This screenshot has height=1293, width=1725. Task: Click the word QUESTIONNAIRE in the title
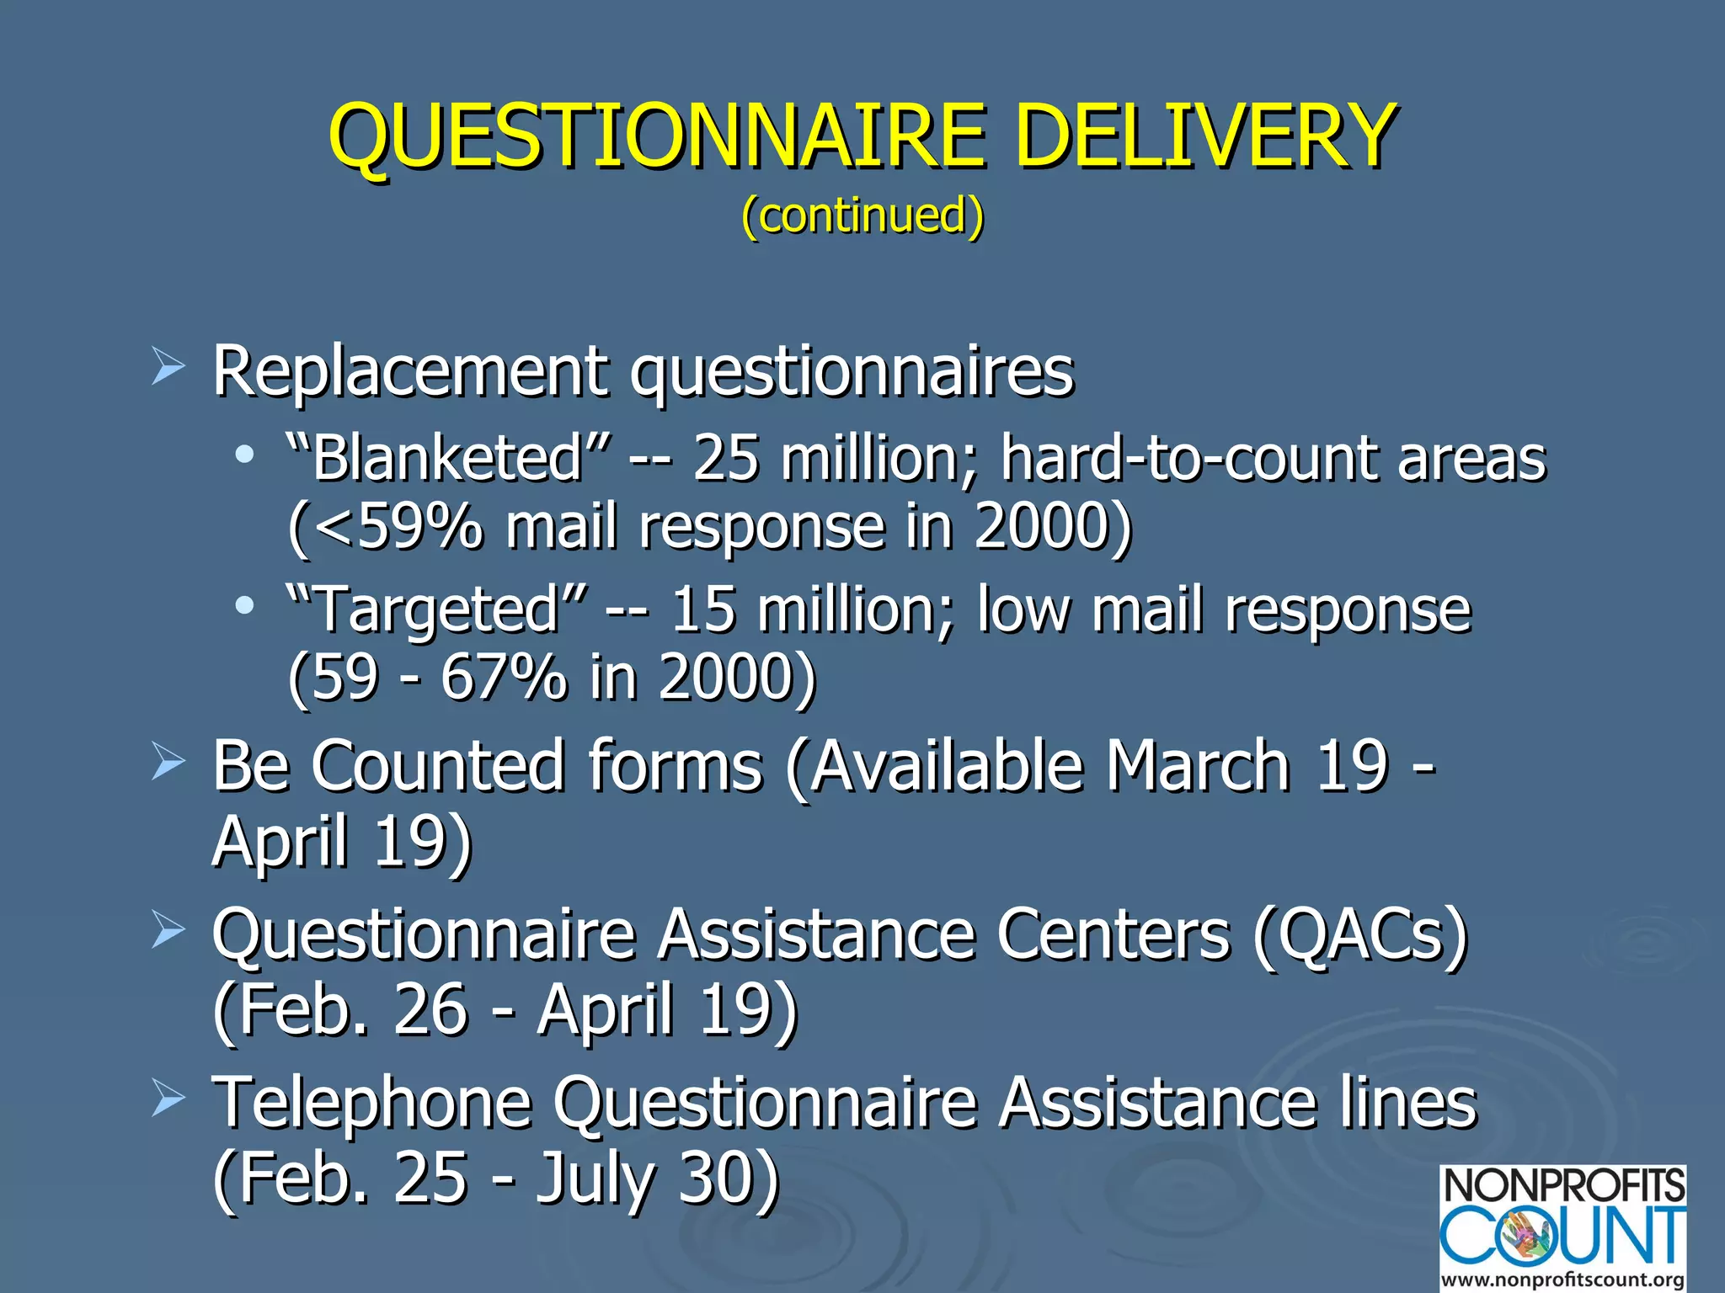click(x=657, y=136)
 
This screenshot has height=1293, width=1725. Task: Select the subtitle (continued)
click(x=862, y=215)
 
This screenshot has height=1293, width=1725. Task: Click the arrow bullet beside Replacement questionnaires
click(x=168, y=369)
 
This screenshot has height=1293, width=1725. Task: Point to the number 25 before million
click(x=725, y=460)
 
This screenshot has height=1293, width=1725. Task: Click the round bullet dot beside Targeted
click(x=244, y=605)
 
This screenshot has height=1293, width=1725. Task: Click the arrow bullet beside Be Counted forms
click(x=168, y=763)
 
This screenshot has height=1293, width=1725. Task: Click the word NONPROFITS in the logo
click(x=1563, y=1186)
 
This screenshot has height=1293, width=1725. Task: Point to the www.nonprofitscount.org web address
click(x=1563, y=1279)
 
